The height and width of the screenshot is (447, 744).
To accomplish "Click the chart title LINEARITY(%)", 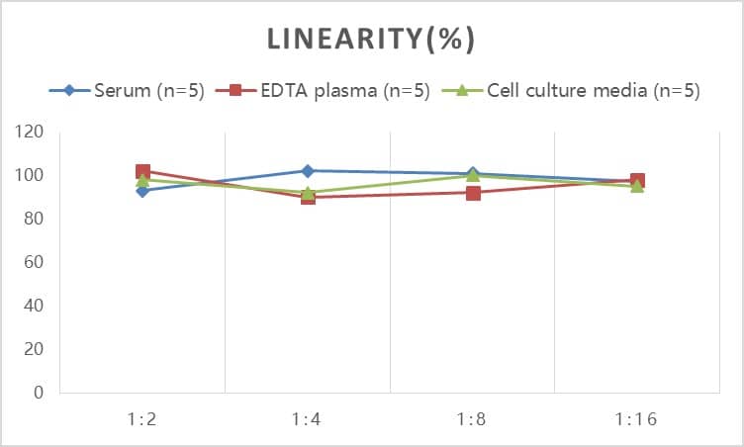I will tap(372, 40).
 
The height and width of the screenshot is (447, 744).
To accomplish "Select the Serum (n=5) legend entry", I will tap(128, 91).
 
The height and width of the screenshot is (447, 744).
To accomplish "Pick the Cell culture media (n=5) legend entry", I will tap(578, 91).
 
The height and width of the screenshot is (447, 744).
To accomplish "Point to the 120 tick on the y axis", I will tap(30, 132).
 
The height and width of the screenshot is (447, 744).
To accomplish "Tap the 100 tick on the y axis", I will tap(30, 175).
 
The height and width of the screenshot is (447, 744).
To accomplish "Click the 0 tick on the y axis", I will tap(39, 393).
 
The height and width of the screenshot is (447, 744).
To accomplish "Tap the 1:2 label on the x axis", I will tap(142, 419).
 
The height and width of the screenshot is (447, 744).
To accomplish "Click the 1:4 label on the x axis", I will tap(308, 419).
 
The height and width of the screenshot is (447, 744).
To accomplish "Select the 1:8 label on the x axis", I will tap(472, 419).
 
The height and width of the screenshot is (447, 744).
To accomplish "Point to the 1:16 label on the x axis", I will tap(636, 419).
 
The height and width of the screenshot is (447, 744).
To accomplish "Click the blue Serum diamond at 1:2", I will tap(142, 190).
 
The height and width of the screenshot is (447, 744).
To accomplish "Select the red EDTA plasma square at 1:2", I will tap(142, 172).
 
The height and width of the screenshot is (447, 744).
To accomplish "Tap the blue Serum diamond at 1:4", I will tap(308, 171).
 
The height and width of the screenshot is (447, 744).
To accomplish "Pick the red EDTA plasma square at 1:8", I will tap(473, 193).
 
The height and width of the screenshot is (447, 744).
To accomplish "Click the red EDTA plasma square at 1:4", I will tap(308, 197).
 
